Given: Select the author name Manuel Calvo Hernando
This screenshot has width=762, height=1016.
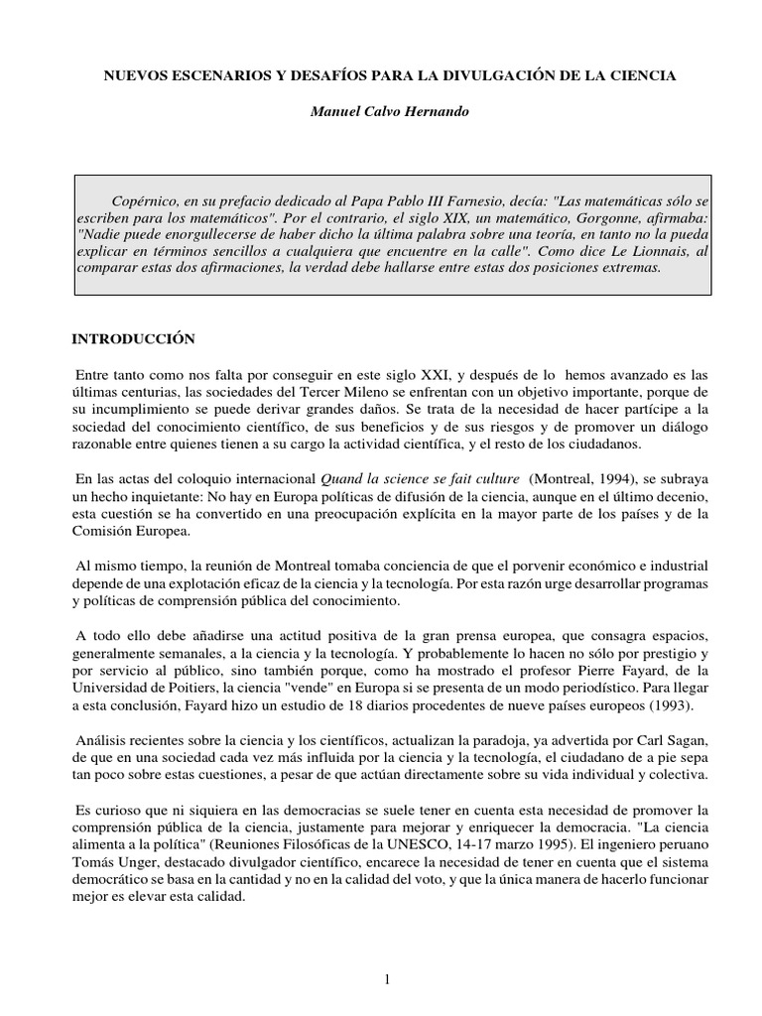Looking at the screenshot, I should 388,112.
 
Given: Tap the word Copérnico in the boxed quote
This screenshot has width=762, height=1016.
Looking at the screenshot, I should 145,197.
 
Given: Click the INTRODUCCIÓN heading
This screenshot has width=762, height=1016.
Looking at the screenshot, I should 133,338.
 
